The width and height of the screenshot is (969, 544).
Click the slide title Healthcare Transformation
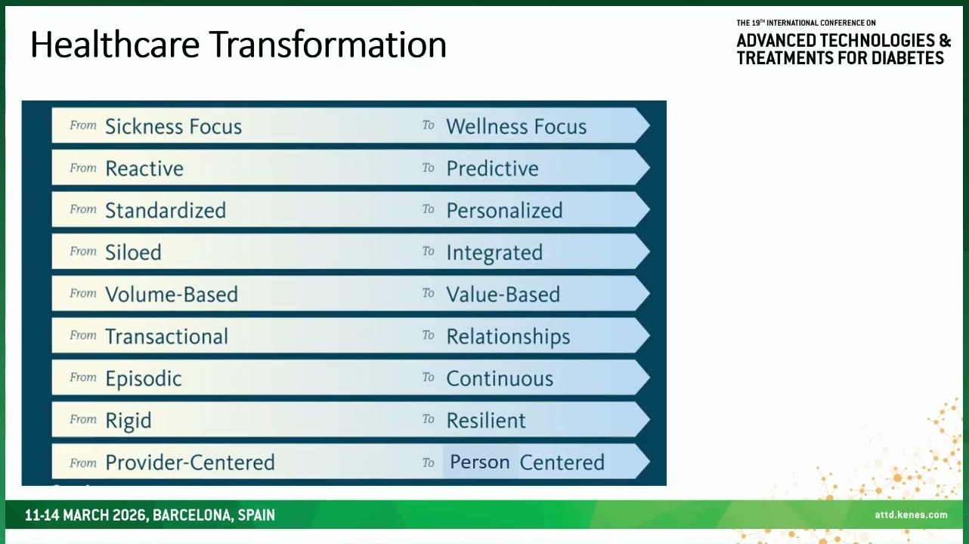click(238, 45)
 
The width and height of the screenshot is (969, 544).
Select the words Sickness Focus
click(174, 127)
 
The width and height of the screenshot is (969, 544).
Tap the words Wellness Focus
click(516, 127)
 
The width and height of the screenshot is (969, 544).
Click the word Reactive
click(144, 168)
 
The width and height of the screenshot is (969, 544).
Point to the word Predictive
click(492, 168)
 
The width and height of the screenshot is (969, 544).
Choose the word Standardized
click(166, 211)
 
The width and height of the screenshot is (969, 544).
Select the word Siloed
click(133, 252)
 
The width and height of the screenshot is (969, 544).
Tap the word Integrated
click(494, 253)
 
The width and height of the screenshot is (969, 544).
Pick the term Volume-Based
click(172, 295)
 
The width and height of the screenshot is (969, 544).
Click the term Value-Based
click(503, 295)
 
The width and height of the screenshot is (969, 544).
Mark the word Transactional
click(166, 336)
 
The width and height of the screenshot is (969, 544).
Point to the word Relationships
click(508, 337)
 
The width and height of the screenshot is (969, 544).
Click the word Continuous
click(500, 379)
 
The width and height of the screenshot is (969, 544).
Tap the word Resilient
click(486, 421)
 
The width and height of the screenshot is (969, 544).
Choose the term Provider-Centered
click(190, 462)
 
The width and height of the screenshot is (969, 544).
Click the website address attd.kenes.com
click(911, 515)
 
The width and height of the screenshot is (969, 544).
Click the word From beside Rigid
click(83, 419)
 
